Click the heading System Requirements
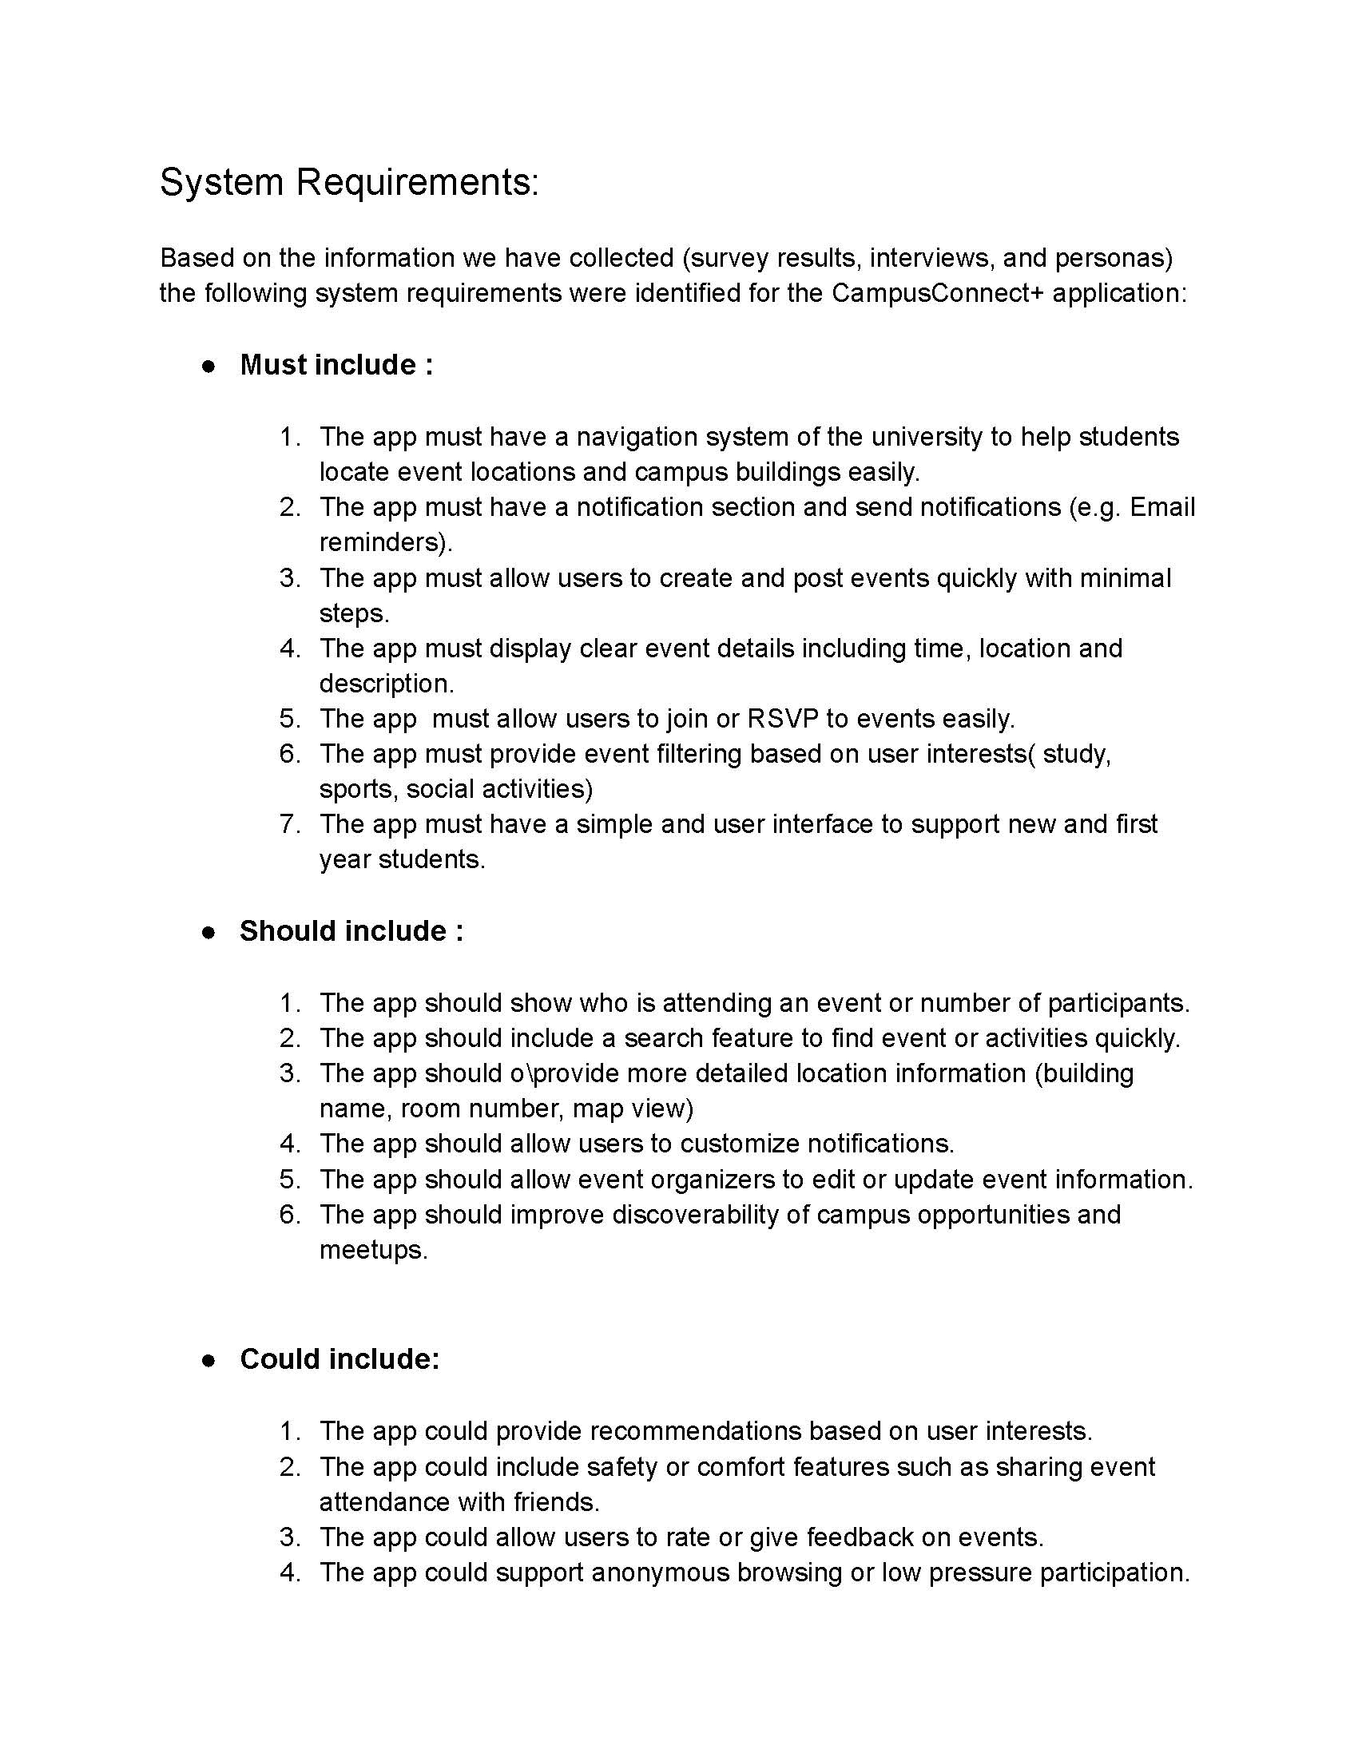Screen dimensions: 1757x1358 [x=348, y=182]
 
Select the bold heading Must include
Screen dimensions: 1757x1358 [x=336, y=365]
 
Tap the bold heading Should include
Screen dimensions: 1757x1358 [x=351, y=930]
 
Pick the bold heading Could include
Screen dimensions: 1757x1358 [x=339, y=1358]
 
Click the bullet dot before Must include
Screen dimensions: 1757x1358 [x=209, y=367]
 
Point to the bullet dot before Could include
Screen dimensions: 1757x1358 [x=209, y=1360]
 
